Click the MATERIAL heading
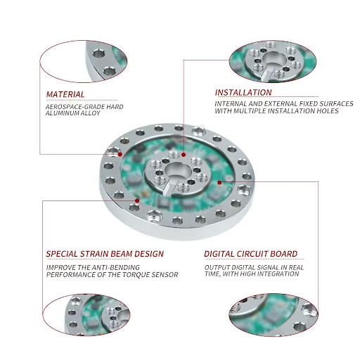pyautogui.click(x=65, y=94)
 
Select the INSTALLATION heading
pyautogui.click(x=243, y=92)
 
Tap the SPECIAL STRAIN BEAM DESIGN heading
pyautogui.click(x=105, y=254)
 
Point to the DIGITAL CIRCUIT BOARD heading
pyautogui.click(x=250, y=254)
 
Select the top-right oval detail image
pyautogui.click(x=276, y=62)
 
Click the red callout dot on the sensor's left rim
pyautogui.click(x=121, y=153)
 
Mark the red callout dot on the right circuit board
pyautogui.click(x=220, y=182)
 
